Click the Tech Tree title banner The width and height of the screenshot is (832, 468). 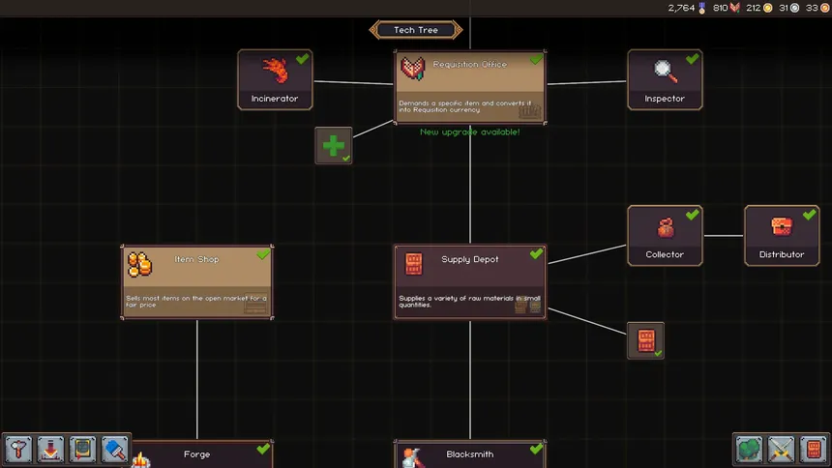click(x=416, y=30)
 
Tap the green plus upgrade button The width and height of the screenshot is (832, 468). click(x=334, y=145)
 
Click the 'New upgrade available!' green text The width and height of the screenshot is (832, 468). click(x=469, y=132)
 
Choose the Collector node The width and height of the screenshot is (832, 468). click(x=665, y=235)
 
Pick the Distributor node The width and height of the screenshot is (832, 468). click(x=782, y=235)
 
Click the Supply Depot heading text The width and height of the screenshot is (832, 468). click(x=470, y=259)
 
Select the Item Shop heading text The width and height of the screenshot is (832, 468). click(x=196, y=259)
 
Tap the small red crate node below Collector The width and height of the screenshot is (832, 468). click(x=645, y=340)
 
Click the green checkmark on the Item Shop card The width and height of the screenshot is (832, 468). click(x=263, y=254)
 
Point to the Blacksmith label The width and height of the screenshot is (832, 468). click(x=470, y=454)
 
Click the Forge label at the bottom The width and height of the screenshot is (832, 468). click(x=196, y=454)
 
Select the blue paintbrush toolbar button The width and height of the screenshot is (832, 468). click(x=114, y=450)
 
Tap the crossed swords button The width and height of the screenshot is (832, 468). click(x=781, y=450)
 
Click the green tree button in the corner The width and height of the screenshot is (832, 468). click(x=749, y=450)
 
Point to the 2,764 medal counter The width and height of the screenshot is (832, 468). click(x=682, y=8)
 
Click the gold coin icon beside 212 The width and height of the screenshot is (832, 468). click(x=768, y=8)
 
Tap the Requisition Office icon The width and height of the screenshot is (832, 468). click(x=413, y=69)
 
